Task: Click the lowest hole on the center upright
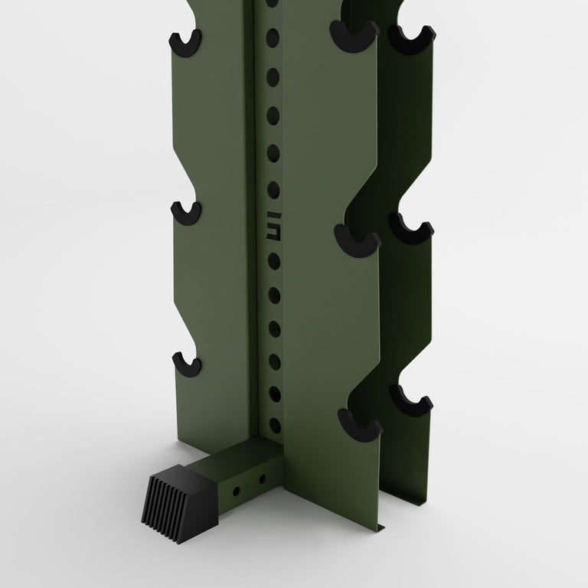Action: tap(274, 423)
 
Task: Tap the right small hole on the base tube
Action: tap(263, 479)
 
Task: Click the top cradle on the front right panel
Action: tap(354, 34)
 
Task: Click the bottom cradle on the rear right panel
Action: tap(411, 398)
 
